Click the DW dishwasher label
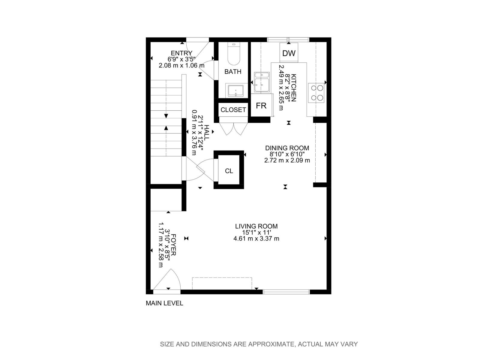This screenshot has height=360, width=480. click(289, 53)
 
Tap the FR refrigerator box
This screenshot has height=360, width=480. click(261, 106)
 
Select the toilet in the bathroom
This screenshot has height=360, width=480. click(234, 54)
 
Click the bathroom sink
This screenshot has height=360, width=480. click(235, 91)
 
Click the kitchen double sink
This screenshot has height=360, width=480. click(262, 82)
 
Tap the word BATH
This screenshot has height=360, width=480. click(233, 72)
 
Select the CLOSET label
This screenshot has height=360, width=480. click(233, 110)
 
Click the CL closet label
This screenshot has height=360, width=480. click(229, 171)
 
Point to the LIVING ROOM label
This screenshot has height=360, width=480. click(256, 226)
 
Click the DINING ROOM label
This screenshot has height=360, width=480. click(287, 148)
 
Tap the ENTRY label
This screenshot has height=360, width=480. click(181, 53)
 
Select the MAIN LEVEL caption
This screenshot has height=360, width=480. click(164, 303)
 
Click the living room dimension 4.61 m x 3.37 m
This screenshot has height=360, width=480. click(256, 239)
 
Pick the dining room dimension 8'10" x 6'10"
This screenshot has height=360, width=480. click(287, 154)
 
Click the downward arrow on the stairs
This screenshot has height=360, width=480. click(166, 116)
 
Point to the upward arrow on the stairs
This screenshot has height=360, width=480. click(166, 128)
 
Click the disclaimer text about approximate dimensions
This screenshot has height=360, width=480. click(259, 344)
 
